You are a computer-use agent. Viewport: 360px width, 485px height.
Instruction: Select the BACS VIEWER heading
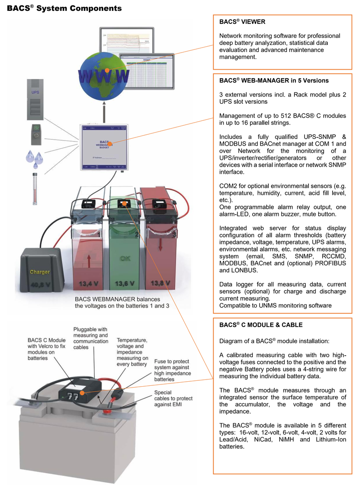(242, 22)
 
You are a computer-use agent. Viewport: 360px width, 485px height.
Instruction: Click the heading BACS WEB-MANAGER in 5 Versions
(274, 81)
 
